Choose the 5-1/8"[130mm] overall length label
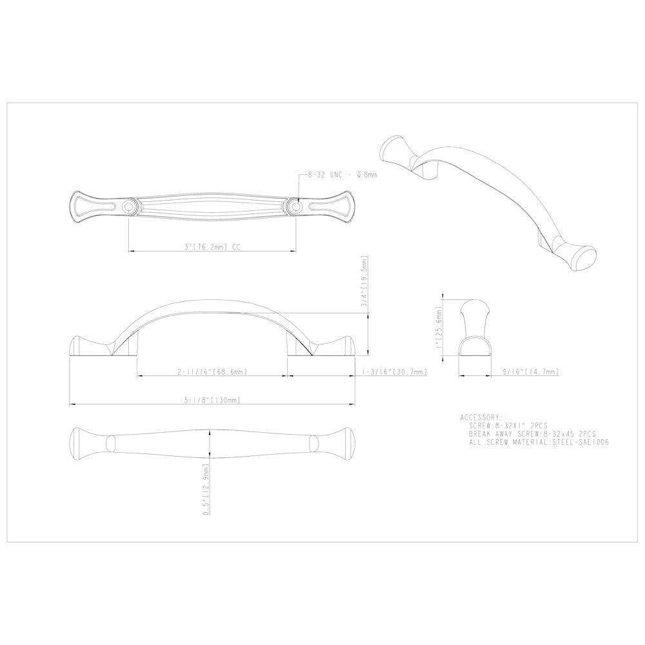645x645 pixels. pyautogui.click(x=213, y=401)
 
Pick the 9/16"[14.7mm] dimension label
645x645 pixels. pyautogui.click(x=530, y=372)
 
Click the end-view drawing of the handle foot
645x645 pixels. pyautogui.click(x=476, y=328)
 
